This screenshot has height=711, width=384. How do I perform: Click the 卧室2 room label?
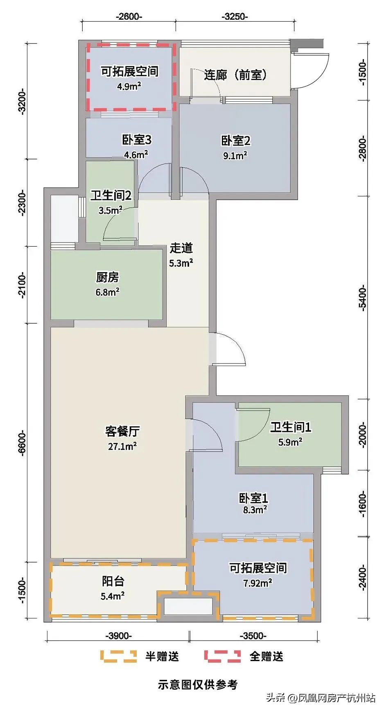[x=235, y=141]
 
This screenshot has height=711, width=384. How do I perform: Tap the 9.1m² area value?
[x=235, y=155]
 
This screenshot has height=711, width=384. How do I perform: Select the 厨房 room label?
[x=107, y=277]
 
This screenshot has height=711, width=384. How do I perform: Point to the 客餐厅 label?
[x=122, y=431]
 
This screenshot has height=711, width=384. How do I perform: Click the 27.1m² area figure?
[x=122, y=446]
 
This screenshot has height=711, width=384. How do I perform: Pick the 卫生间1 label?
[x=291, y=427]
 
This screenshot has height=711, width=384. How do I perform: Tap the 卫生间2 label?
[x=111, y=195]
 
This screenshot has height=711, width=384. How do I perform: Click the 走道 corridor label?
[x=181, y=248]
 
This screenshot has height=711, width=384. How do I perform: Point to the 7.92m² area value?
[x=258, y=583]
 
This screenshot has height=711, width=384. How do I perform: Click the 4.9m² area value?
[x=129, y=86]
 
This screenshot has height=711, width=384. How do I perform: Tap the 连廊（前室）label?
[x=235, y=75]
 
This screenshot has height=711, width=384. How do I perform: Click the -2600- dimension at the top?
[x=129, y=17]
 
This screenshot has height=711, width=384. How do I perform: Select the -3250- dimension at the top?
[x=235, y=17]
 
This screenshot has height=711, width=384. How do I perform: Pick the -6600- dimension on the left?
[x=22, y=443]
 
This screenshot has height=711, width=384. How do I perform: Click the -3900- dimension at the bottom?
[x=119, y=636]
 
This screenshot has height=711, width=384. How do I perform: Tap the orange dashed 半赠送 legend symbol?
[x=118, y=656]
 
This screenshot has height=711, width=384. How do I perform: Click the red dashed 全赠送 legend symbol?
[x=222, y=656]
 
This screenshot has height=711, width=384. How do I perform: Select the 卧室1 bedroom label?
[x=254, y=498]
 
